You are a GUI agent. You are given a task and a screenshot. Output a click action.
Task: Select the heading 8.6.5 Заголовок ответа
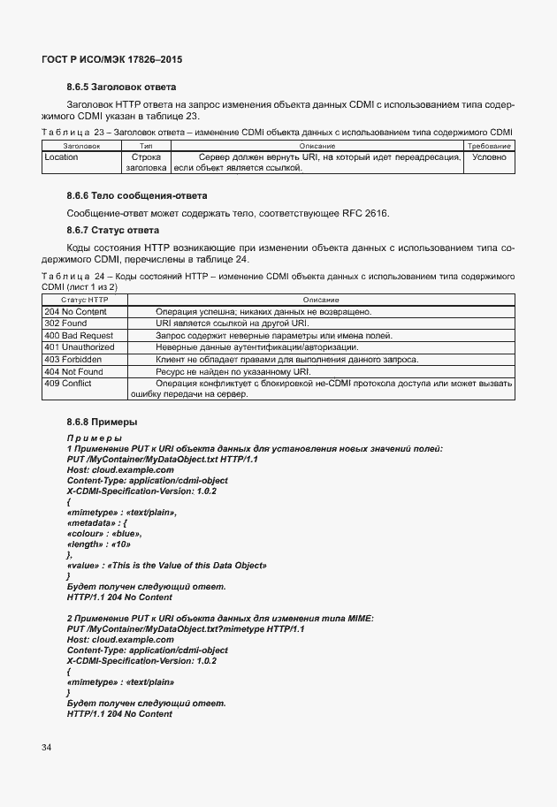coord(122,87)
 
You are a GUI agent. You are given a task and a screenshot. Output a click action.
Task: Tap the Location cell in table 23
coord(61,157)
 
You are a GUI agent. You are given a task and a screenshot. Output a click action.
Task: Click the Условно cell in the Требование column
coord(489,157)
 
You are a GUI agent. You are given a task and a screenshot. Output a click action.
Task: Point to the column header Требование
coord(489,145)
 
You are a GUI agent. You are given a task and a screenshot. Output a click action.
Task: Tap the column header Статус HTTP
coord(85,301)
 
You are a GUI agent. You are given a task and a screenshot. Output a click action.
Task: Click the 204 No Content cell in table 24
coord(75,312)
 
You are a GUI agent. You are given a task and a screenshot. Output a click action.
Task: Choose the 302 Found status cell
coord(66,324)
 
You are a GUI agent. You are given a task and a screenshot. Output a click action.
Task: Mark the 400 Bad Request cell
coord(79,336)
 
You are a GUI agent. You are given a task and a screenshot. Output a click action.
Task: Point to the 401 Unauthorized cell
coord(80,347)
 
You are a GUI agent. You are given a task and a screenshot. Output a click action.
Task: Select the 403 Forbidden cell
coord(74,360)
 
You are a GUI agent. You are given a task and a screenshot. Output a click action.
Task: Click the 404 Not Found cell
coord(73,371)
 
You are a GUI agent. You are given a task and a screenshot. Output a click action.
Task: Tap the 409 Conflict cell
coord(69,384)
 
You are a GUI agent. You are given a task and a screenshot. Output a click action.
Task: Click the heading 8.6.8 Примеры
coord(102,423)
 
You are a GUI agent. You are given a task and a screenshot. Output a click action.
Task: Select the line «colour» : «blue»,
coord(104,533)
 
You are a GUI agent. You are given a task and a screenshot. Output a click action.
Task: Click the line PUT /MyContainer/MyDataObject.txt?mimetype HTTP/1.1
coord(186,628)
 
